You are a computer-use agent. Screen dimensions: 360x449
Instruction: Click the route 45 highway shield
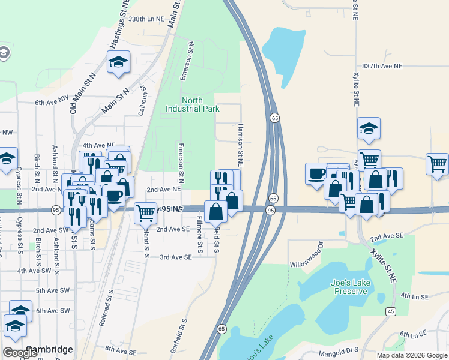[391, 311]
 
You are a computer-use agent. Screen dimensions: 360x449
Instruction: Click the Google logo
[20, 353]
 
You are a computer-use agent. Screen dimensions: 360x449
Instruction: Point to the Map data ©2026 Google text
[411, 355]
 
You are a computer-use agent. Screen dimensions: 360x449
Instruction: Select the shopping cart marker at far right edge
[437, 163]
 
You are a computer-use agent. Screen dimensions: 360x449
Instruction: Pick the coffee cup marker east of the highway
[316, 173]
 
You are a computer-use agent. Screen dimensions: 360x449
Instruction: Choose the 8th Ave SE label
[121, 349]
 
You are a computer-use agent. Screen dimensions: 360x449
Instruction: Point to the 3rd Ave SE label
[175, 257]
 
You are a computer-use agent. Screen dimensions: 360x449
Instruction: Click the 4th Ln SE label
[414, 296]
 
